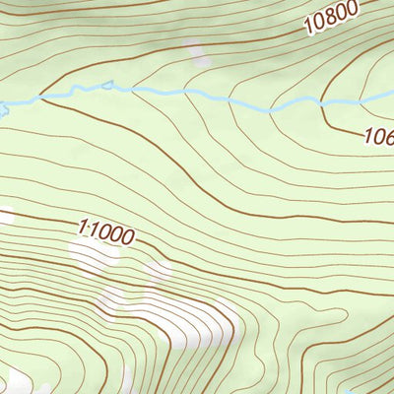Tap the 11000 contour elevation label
click(105, 232)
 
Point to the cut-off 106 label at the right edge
click(378, 137)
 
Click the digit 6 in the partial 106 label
click(387, 138)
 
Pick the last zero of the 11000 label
click(127, 237)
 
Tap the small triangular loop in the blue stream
click(106, 87)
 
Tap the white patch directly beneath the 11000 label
click(98, 258)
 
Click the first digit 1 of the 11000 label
click(82, 228)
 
